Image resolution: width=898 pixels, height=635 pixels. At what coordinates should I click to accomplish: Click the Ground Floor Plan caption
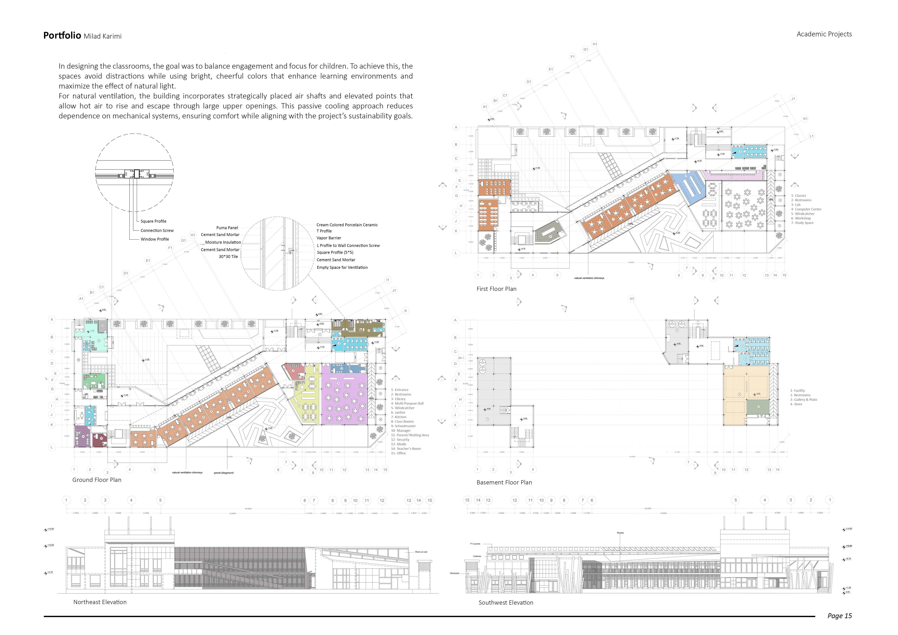point(97,480)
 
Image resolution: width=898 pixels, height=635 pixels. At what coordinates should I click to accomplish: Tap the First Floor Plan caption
point(496,289)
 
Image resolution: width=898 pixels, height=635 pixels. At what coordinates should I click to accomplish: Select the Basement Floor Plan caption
point(504,483)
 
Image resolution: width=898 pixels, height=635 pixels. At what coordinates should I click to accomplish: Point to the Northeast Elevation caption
point(100,602)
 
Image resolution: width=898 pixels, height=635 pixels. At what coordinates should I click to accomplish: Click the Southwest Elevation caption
point(506,603)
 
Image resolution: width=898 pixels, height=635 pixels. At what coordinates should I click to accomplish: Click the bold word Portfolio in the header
point(62,36)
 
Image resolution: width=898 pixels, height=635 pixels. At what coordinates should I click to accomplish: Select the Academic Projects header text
point(824,34)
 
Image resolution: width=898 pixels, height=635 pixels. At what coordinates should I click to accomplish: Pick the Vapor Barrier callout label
point(329,238)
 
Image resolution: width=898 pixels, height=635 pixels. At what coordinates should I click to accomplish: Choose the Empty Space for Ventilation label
point(342,268)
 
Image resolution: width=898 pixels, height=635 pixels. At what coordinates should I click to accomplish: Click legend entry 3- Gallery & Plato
point(803,400)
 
